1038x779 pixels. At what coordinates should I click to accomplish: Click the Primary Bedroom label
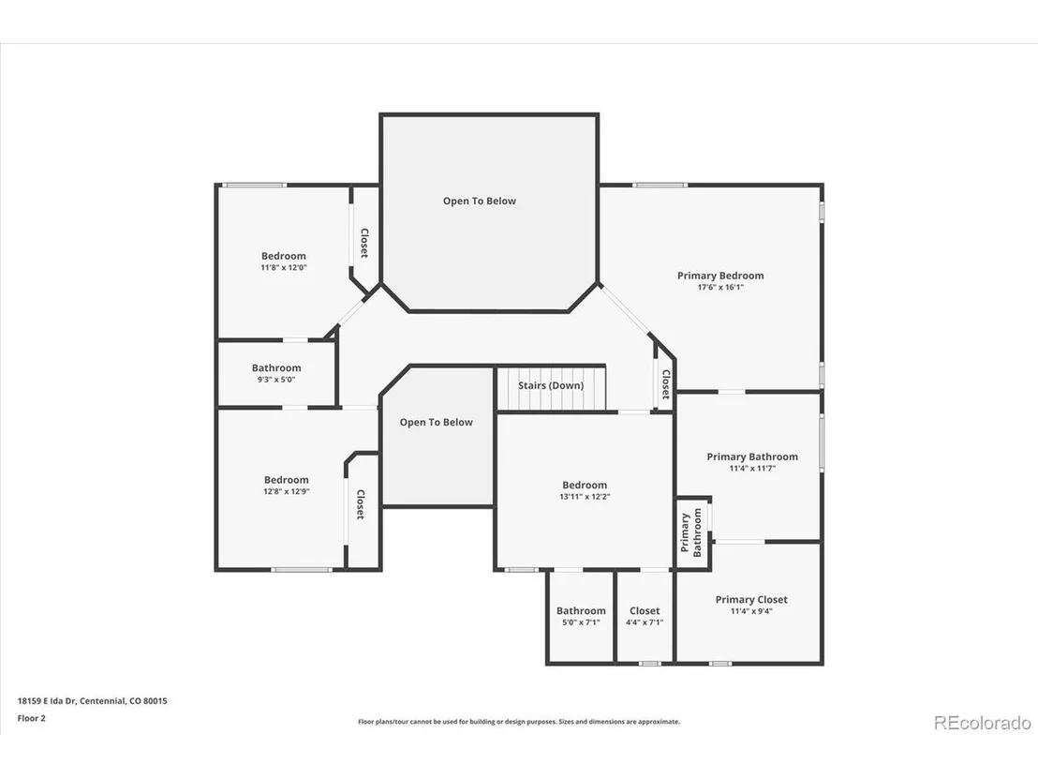pyautogui.click(x=720, y=276)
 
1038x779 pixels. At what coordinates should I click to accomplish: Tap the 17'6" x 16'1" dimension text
pyautogui.click(x=720, y=288)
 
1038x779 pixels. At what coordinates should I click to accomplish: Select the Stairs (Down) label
pyautogui.click(x=551, y=385)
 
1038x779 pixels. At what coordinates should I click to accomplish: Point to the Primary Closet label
pyautogui.click(x=751, y=600)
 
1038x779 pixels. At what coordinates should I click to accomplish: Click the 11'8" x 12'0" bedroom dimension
pyautogui.click(x=283, y=267)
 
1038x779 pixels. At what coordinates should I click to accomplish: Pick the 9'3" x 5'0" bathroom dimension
pyautogui.click(x=276, y=380)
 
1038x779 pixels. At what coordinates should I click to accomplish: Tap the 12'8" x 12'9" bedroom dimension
pyautogui.click(x=286, y=491)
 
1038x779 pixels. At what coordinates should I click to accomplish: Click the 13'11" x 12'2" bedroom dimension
pyautogui.click(x=585, y=496)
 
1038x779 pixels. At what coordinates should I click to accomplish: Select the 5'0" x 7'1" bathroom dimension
pyautogui.click(x=581, y=622)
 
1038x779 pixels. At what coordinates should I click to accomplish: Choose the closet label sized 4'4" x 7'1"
pyautogui.click(x=645, y=611)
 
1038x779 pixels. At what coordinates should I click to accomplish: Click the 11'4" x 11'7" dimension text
pyautogui.click(x=752, y=469)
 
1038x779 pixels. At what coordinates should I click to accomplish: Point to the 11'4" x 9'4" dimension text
pyautogui.click(x=751, y=611)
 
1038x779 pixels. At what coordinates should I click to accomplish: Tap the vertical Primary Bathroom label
pyautogui.click(x=691, y=532)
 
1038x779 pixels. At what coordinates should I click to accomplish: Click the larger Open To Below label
pyautogui.click(x=480, y=201)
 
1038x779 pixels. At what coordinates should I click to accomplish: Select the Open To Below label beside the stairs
pyautogui.click(x=437, y=422)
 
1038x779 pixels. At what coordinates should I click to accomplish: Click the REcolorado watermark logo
pyautogui.click(x=983, y=723)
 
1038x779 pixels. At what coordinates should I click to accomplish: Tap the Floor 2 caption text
pyautogui.click(x=31, y=718)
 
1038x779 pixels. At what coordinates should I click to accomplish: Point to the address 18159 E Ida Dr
pyautogui.click(x=46, y=701)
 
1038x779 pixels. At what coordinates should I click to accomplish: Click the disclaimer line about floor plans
pyautogui.click(x=519, y=722)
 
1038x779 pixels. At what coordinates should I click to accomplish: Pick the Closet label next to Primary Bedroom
pyautogui.click(x=666, y=384)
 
